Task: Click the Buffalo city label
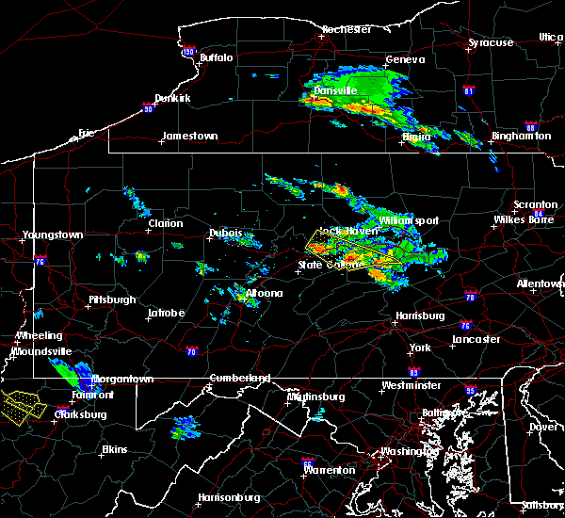pyautogui.click(x=216, y=58)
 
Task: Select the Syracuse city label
pyautogui.click(x=492, y=43)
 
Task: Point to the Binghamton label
pyautogui.click(x=521, y=137)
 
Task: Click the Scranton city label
pyautogui.click(x=535, y=205)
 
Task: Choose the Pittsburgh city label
pyautogui.click(x=112, y=300)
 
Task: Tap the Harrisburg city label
pyautogui.click(x=420, y=316)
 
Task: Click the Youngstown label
pyautogui.click(x=54, y=235)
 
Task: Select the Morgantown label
pyautogui.click(x=127, y=380)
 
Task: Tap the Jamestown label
pyautogui.click(x=189, y=137)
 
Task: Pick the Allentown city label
pyautogui.click(x=541, y=283)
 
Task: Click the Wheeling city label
pyautogui.click(x=40, y=336)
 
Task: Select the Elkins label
pyautogui.click(x=114, y=449)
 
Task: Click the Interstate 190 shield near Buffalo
pyautogui.click(x=188, y=53)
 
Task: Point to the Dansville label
pyautogui.click(x=334, y=91)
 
